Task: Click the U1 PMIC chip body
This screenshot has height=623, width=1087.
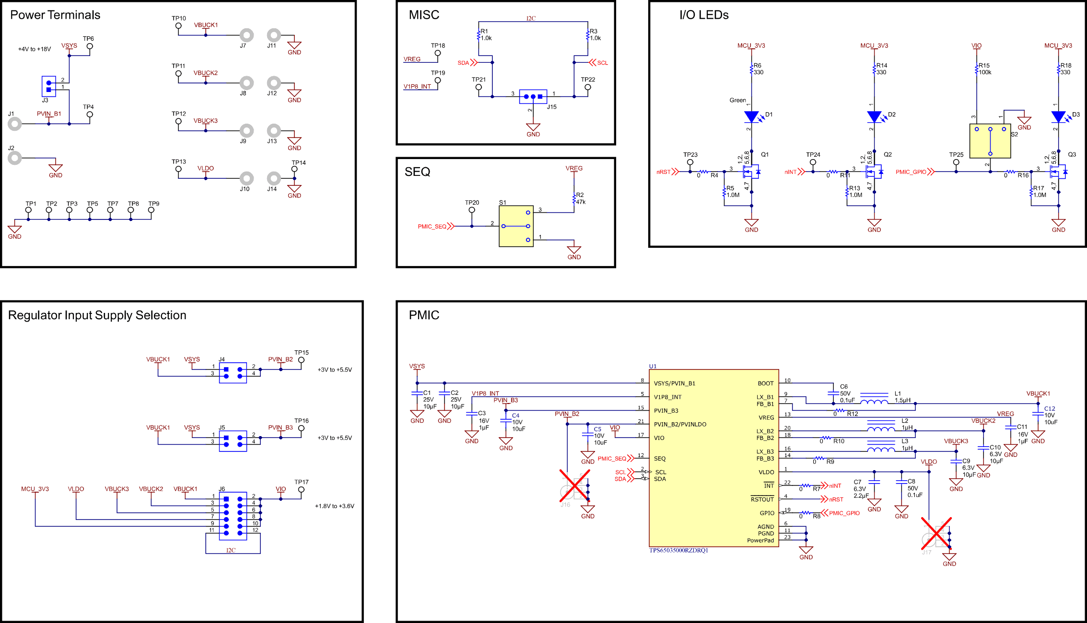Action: [x=713, y=458]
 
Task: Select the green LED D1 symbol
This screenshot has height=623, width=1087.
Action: [x=751, y=116]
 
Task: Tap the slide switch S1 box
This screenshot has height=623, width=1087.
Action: [x=516, y=226]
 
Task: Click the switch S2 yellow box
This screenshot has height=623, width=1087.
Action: [x=990, y=141]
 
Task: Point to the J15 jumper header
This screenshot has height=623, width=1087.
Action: [x=533, y=96]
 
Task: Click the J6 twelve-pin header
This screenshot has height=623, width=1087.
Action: [x=233, y=516]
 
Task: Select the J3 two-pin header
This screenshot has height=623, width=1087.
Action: [x=48, y=86]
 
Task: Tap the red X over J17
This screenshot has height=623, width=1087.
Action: [x=936, y=532]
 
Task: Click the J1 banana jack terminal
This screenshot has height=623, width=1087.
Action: [x=15, y=124]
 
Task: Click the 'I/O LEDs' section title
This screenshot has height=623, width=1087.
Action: [x=703, y=15]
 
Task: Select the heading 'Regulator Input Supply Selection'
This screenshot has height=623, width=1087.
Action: [x=97, y=315]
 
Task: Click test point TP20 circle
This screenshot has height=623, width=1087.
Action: [x=472, y=210]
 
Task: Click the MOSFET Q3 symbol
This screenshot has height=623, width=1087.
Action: [x=1058, y=172]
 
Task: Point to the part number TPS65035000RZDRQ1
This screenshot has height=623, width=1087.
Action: [x=678, y=551]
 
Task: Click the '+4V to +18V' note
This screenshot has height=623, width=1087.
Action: [x=35, y=49]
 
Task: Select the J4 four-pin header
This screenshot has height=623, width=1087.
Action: [x=233, y=373]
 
